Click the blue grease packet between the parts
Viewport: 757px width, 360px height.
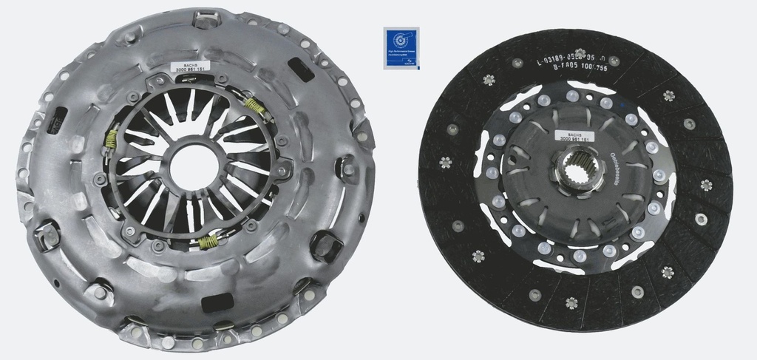click(400, 48)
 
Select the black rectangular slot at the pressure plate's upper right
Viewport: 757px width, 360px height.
click(299, 69)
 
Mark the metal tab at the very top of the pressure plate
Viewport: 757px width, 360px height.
click(204, 17)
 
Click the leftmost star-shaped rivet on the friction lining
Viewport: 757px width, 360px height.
click(446, 162)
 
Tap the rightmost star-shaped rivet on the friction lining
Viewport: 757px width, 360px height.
click(706, 184)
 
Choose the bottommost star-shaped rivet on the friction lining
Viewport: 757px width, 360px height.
click(571, 302)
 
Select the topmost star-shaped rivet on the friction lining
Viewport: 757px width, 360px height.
click(487, 80)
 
